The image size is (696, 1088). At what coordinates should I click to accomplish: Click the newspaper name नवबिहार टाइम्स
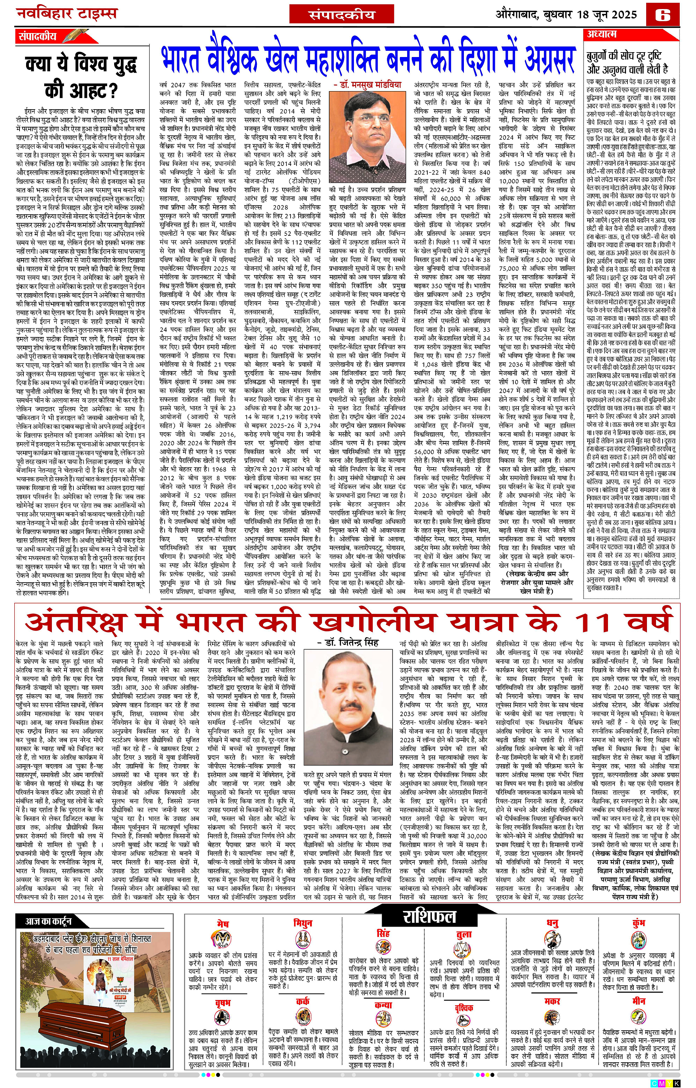click(67, 14)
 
